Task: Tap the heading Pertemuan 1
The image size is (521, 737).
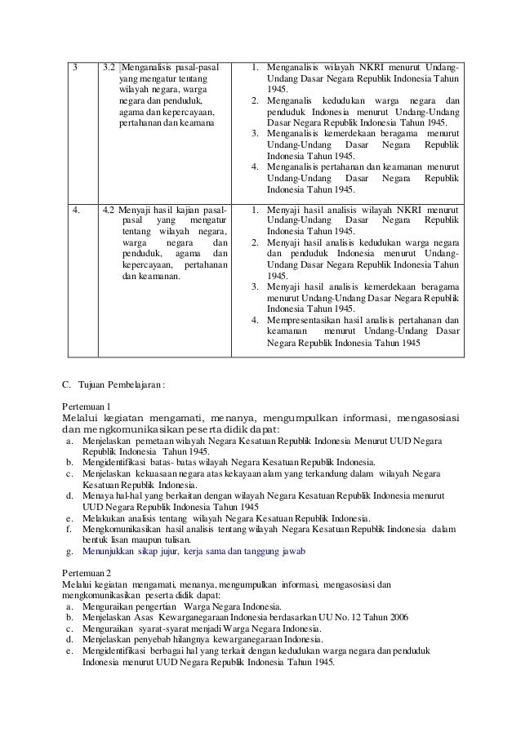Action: coord(86,406)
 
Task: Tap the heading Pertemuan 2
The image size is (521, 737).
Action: coord(86,573)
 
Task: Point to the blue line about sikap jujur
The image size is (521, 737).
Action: coord(194,553)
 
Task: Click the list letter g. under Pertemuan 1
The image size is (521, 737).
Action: coord(69,553)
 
